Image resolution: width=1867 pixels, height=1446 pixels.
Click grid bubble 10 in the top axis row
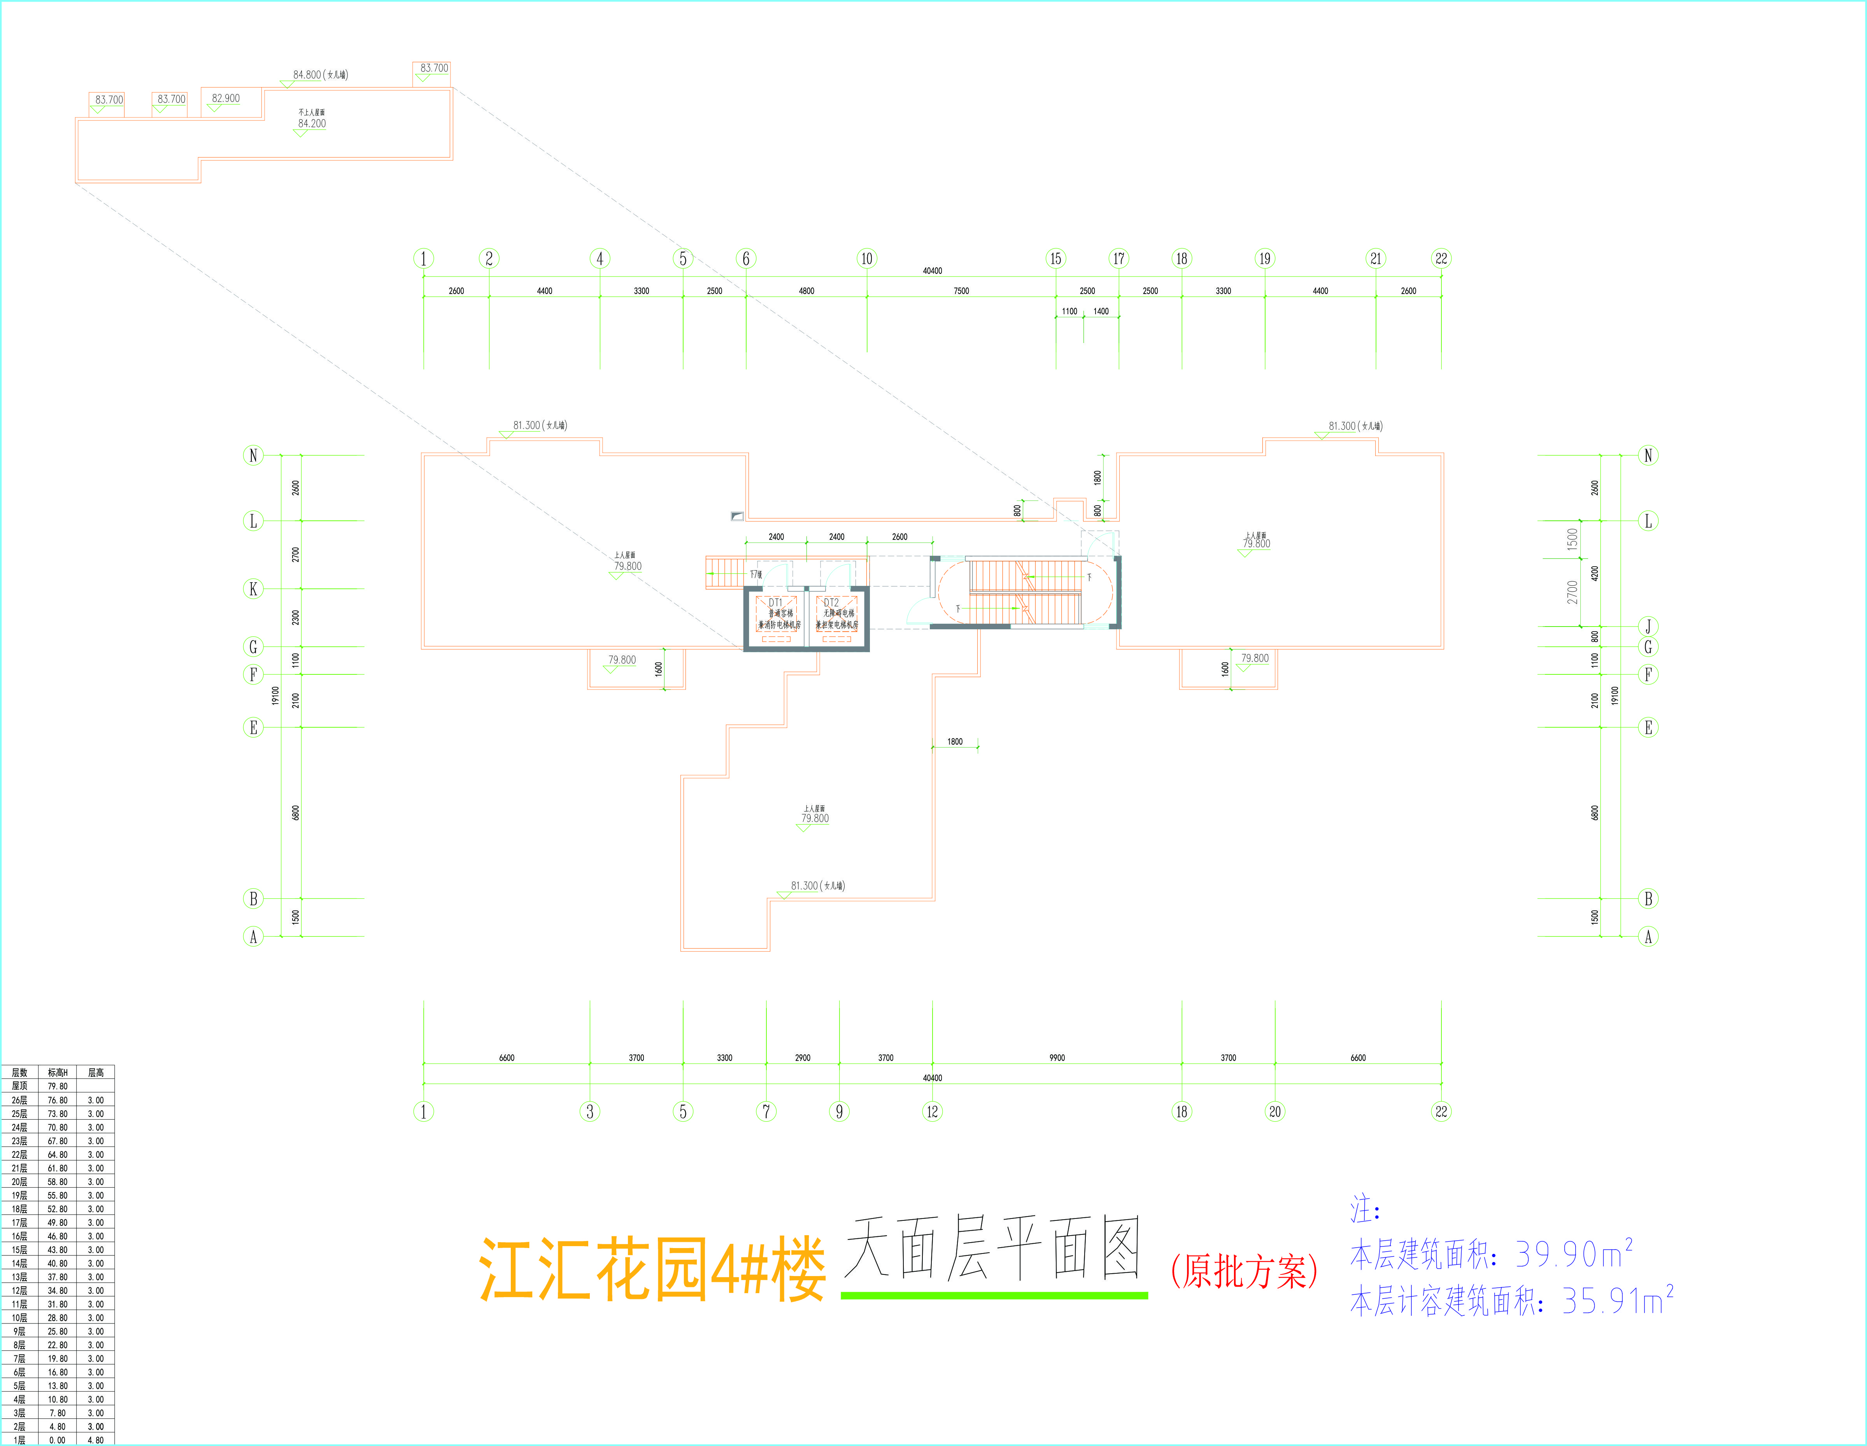click(x=867, y=258)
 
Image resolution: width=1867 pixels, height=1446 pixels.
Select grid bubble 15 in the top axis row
click(x=1056, y=258)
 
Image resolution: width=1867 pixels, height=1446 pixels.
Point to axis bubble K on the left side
click(x=253, y=589)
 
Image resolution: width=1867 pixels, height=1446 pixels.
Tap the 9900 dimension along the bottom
click(x=1057, y=1058)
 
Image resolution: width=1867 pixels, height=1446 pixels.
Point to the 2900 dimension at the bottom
click(x=803, y=1058)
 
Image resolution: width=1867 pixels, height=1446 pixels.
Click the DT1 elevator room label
click(x=775, y=602)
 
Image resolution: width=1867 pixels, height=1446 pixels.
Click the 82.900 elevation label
click(x=226, y=98)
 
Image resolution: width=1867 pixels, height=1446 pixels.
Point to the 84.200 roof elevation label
click(x=312, y=124)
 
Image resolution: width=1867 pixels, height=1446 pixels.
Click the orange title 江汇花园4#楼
click(x=652, y=1269)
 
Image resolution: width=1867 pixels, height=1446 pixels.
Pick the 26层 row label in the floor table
click(x=19, y=1100)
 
